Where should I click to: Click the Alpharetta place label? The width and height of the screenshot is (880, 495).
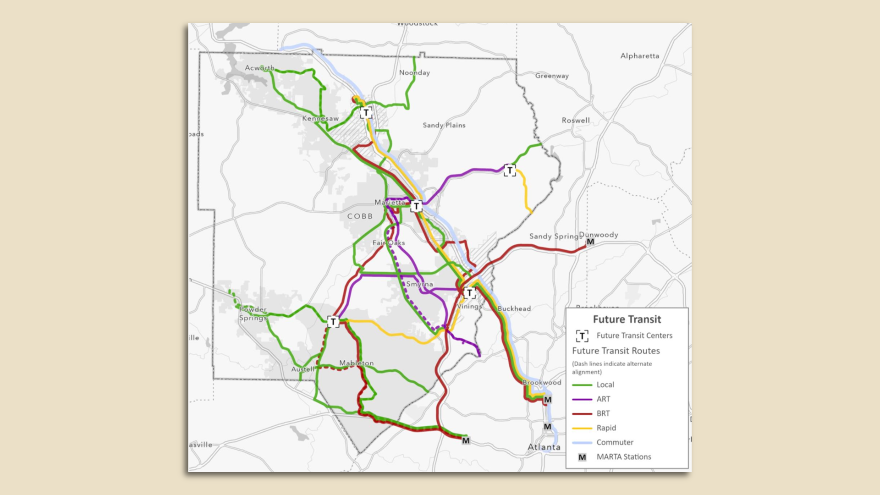pyautogui.click(x=639, y=56)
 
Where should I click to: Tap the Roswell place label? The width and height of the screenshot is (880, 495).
pyautogui.click(x=576, y=121)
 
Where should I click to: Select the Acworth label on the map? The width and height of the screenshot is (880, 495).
pyautogui.click(x=259, y=68)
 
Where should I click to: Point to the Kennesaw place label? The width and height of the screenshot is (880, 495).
pyautogui.click(x=320, y=118)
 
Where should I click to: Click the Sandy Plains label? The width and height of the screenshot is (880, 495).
pyautogui.click(x=444, y=125)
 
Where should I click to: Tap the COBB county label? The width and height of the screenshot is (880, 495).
pyautogui.click(x=360, y=216)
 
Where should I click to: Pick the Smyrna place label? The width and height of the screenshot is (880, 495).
pyautogui.click(x=419, y=284)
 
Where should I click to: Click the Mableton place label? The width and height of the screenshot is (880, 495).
pyautogui.click(x=356, y=363)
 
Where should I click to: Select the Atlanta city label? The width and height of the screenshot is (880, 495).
pyautogui.click(x=544, y=447)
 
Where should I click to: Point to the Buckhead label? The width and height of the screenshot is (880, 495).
pyautogui.click(x=514, y=308)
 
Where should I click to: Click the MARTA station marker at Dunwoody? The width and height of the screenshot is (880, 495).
pyautogui.click(x=590, y=242)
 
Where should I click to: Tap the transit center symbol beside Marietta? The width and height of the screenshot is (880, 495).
pyautogui.click(x=416, y=207)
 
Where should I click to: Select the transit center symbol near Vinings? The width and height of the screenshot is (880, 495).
pyautogui.click(x=469, y=293)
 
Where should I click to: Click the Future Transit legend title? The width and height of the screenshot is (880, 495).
pyautogui.click(x=627, y=319)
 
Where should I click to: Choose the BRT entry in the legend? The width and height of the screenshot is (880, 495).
pyautogui.click(x=603, y=413)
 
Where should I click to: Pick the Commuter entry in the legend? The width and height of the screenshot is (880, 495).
pyautogui.click(x=615, y=442)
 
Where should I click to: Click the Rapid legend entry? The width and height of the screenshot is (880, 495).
pyautogui.click(x=606, y=428)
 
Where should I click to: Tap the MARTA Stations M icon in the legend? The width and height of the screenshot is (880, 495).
pyautogui.click(x=582, y=457)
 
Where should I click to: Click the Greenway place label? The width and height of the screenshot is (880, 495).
pyautogui.click(x=552, y=76)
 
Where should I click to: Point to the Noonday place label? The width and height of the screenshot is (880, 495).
pyautogui.click(x=414, y=72)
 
